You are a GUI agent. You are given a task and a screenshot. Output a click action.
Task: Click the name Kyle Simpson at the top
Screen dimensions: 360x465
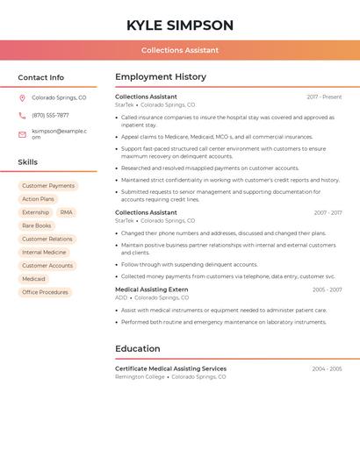(x=180, y=25)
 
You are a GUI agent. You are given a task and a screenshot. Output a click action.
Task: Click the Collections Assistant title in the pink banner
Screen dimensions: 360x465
(x=180, y=50)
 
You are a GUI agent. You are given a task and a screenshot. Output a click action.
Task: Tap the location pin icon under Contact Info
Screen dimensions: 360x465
(x=22, y=98)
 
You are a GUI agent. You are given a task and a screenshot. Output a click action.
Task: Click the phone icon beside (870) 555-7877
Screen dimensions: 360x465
(x=22, y=116)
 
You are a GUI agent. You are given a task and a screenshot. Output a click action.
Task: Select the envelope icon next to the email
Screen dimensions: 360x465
(x=22, y=134)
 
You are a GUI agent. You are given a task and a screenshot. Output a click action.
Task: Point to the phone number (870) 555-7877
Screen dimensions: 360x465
(x=50, y=116)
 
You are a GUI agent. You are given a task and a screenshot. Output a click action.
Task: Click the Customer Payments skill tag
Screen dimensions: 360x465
(x=48, y=186)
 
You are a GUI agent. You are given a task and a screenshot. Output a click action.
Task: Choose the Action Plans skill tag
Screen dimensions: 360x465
(x=38, y=199)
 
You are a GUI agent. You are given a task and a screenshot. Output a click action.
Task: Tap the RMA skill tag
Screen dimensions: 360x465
(x=67, y=212)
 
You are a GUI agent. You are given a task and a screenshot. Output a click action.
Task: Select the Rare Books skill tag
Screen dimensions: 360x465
(x=37, y=225)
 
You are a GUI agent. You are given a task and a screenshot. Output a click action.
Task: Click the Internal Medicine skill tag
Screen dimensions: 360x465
(x=44, y=253)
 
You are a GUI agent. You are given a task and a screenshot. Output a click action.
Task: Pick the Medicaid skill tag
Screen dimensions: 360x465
(x=33, y=279)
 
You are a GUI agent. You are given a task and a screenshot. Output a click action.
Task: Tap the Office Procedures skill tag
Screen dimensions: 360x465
(x=45, y=292)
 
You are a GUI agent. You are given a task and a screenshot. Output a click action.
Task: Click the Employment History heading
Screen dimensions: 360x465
(x=161, y=77)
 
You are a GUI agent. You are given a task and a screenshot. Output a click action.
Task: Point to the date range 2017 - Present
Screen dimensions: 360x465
(x=324, y=97)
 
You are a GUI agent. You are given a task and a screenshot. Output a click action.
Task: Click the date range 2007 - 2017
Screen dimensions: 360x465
(x=328, y=213)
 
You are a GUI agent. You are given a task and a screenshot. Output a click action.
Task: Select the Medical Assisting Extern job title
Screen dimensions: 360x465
(x=152, y=290)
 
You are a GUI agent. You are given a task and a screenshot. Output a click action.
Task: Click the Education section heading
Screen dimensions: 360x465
(x=138, y=348)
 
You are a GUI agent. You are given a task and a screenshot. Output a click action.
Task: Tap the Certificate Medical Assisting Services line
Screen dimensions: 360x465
(x=170, y=368)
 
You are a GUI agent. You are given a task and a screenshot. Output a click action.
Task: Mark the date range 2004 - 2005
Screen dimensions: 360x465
(x=327, y=369)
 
